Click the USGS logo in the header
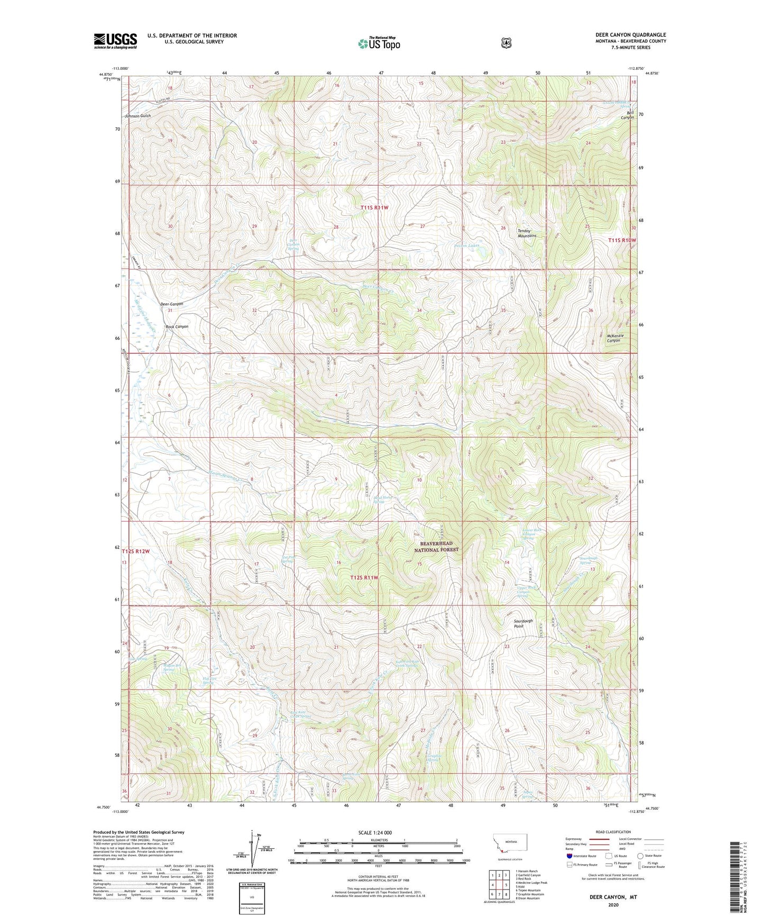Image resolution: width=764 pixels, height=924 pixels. click(x=115, y=41)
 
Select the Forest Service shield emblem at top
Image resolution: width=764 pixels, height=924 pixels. click(x=506, y=43)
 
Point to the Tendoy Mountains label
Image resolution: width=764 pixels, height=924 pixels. click(x=527, y=233)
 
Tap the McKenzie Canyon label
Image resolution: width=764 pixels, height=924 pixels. click(x=615, y=338)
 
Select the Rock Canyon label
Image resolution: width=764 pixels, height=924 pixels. click(x=177, y=327)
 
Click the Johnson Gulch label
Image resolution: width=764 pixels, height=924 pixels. click(x=137, y=116)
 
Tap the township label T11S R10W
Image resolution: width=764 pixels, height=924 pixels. click(x=622, y=240)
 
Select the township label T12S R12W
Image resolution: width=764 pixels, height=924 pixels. click(x=136, y=551)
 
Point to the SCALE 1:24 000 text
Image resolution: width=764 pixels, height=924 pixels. click(x=375, y=832)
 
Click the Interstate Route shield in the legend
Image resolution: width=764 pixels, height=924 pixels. click(x=569, y=856)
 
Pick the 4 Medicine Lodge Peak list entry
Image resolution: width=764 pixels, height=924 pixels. click(x=532, y=883)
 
